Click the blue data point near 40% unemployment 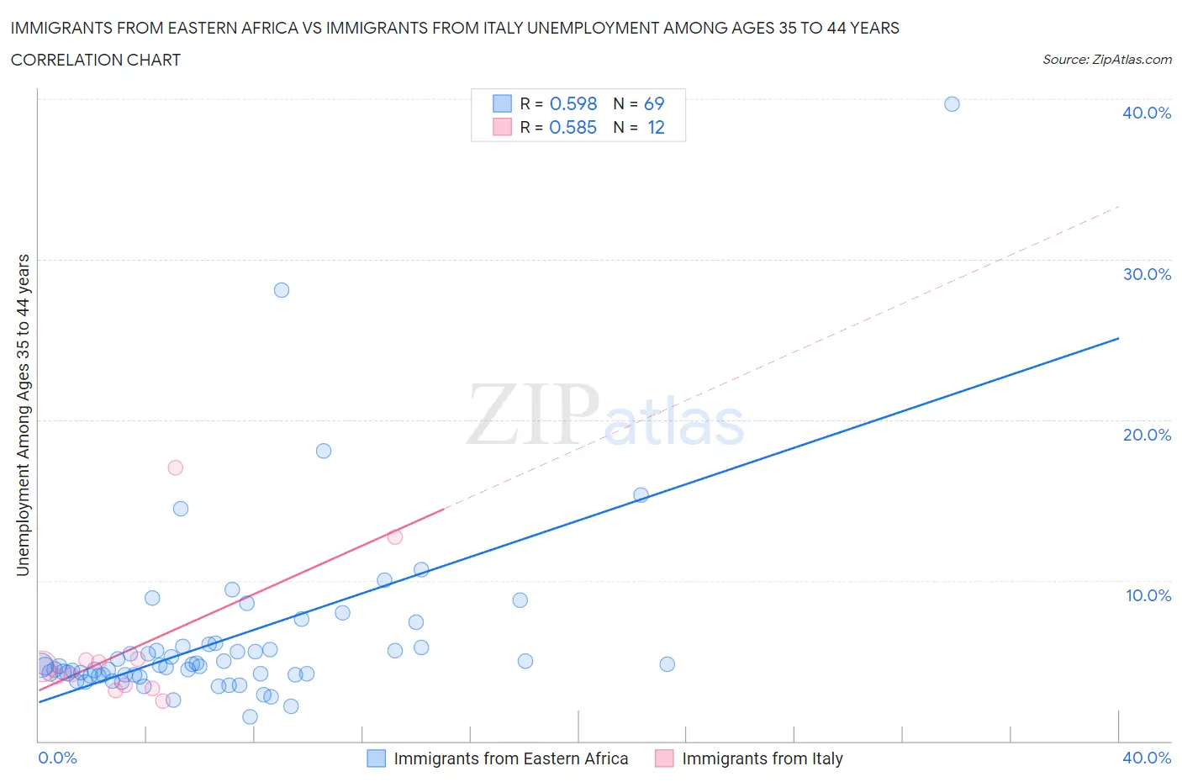pyautogui.click(x=952, y=104)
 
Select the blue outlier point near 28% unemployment pyautogui.click(x=282, y=290)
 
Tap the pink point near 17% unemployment pyautogui.click(x=176, y=468)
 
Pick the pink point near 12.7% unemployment pyautogui.click(x=395, y=536)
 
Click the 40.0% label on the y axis pyautogui.click(x=1147, y=113)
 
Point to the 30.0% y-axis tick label pyautogui.click(x=1147, y=274)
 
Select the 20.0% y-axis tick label pyautogui.click(x=1147, y=435)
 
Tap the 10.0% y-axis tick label pyautogui.click(x=1148, y=595)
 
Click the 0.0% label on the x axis pyautogui.click(x=57, y=758)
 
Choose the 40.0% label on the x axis pyautogui.click(x=1147, y=758)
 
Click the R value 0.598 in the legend pyautogui.click(x=573, y=103)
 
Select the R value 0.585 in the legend pyautogui.click(x=573, y=127)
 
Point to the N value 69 pyautogui.click(x=654, y=103)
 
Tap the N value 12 pyautogui.click(x=656, y=127)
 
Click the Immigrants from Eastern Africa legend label pyautogui.click(x=510, y=758)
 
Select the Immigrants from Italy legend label pyautogui.click(x=762, y=758)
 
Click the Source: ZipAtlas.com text pyautogui.click(x=1106, y=60)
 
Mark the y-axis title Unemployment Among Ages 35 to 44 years pyautogui.click(x=23, y=415)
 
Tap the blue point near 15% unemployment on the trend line pyautogui.click(x=641, y=495)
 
